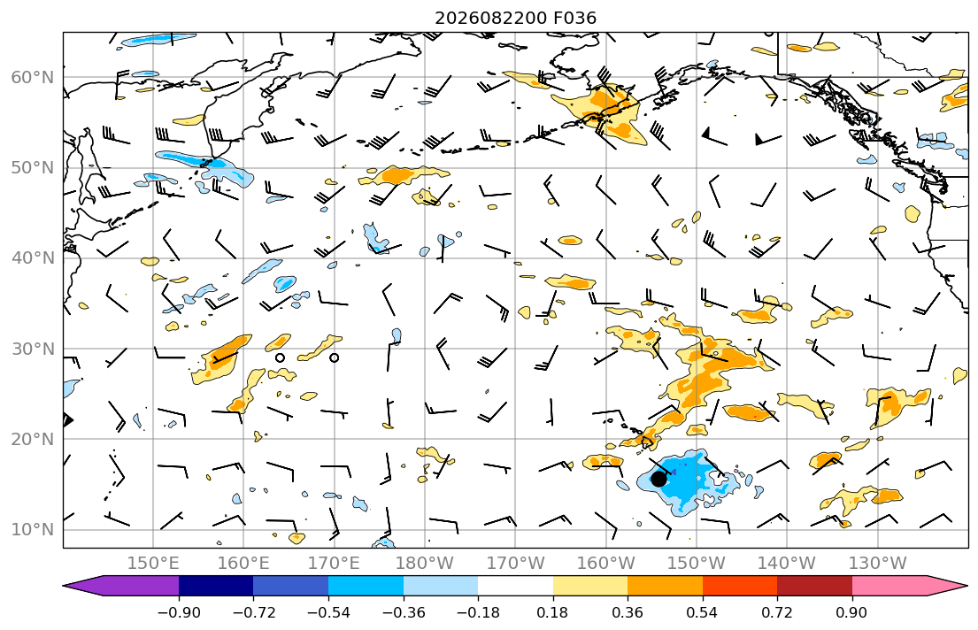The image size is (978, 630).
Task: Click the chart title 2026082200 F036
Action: (x=515, y=18)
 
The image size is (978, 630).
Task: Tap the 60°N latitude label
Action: (x=33, y=77)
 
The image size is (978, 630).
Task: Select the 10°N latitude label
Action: (x=33, y=530)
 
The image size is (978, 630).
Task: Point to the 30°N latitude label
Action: (x=33, y=349)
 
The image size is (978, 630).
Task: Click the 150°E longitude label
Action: (x=153, y=564)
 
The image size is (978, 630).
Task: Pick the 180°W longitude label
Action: (x=425, y=564)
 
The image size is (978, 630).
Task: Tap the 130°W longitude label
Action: (x=878, y=564)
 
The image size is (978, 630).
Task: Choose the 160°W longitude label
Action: (x=605, y=564)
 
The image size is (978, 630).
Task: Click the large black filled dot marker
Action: (x=658, y=479)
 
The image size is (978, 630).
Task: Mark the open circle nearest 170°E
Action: (x=335, y=358)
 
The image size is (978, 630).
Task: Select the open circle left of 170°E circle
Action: (x=280, y=358)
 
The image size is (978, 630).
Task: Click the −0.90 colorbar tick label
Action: (x=179, y=612)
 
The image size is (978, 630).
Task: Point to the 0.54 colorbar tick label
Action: (x=703, y=612)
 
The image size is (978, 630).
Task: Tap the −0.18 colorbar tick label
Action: (x=478, y=612)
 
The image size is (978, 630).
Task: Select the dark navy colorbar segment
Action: (x=216, y=586)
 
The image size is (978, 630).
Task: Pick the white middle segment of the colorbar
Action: (x=515, y=586)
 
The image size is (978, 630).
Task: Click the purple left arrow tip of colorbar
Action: (x=65, y=586)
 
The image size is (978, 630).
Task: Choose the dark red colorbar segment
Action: (x=814, y=586)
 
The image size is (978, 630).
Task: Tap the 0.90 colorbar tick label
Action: (x=852, y=612)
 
